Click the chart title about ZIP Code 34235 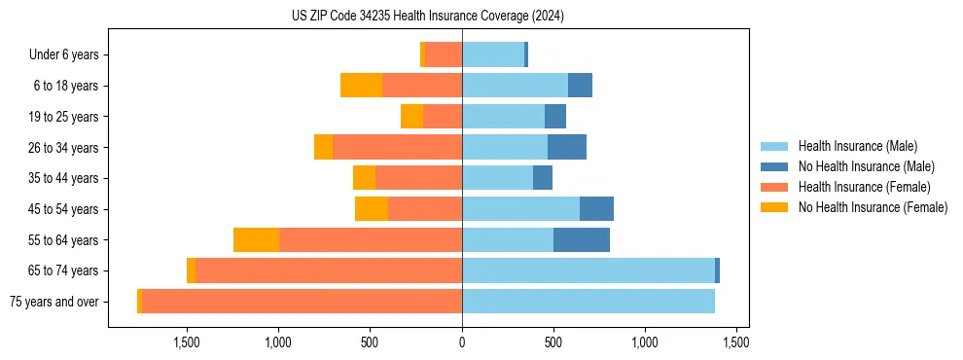click(x=428, y=17)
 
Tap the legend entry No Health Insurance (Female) click(x=873, y=207)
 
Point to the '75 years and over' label click(x=53, y=302)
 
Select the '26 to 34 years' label click(x=63, y=147)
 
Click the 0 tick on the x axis click(x=462, y=342)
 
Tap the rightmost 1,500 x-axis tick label click(x=736, y=342)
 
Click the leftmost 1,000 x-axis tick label click(x=278, y=342)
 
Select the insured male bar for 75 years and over click(x=588, y=302)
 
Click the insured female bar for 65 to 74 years click(x=329, y=270)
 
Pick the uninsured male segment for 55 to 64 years click(x=582, y=239)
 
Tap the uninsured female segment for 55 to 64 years click(x=257, y=239)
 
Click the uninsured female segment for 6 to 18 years click(x=362, y=86)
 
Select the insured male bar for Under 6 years click(x=493, y=54)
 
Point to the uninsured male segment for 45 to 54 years click(x=596, y=209)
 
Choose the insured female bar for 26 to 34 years click(x=397, y=147)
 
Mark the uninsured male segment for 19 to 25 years click(x=555, y=117)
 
